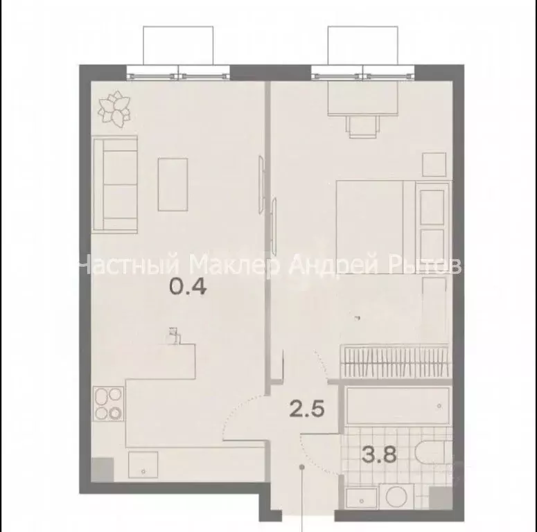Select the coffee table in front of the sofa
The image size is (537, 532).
[173, 184]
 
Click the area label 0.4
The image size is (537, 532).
[188, 285]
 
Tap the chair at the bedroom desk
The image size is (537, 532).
[364, 127]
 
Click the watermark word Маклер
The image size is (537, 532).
[234, 265]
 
